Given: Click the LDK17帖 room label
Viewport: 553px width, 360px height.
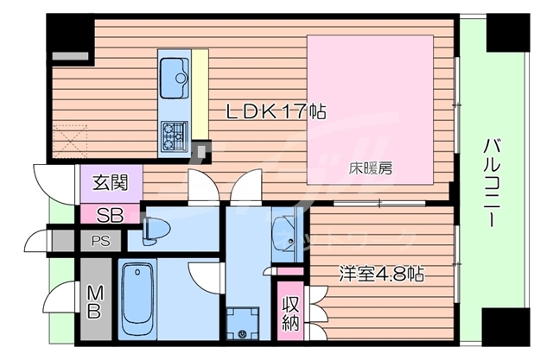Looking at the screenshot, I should [x=264, y=112].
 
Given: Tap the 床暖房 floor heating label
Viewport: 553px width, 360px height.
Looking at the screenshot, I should [x=371, y=168].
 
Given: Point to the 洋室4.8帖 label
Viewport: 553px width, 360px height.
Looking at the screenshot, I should [x=379, y=275].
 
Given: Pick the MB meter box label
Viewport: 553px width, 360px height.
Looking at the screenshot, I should [x=94, y=300].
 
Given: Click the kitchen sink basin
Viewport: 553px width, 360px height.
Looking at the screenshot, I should [x=180, y=76].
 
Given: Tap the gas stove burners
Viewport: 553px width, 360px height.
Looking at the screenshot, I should [x=175, y=134].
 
